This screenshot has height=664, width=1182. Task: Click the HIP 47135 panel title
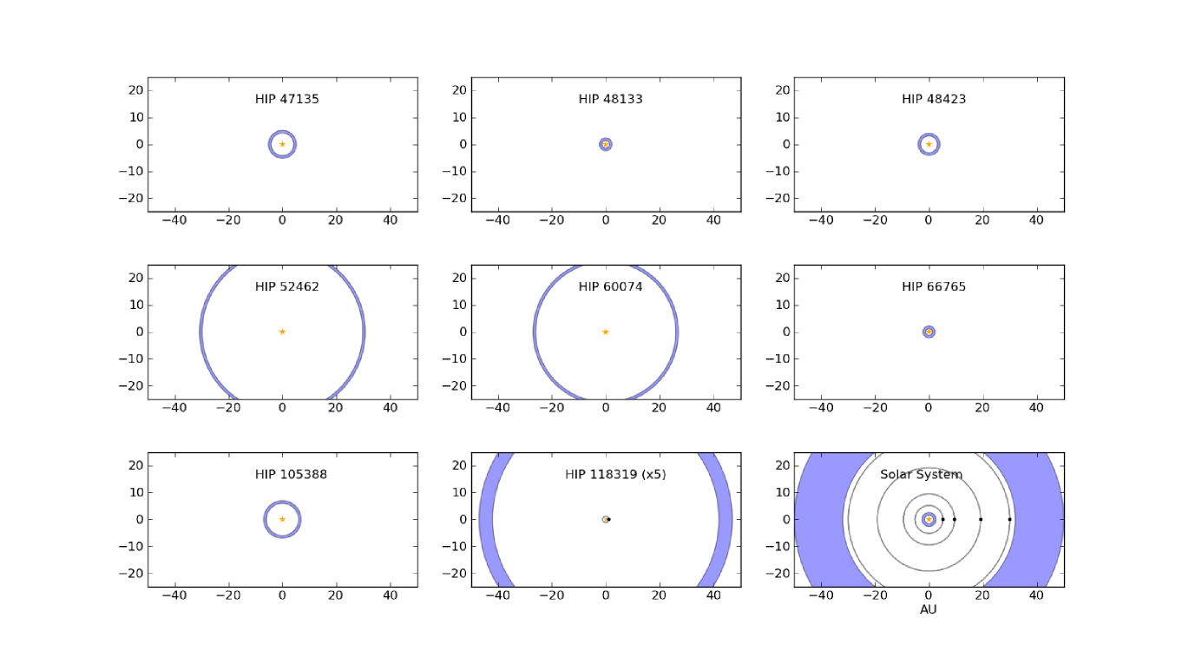(287, 99)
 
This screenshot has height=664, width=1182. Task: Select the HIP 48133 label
(610, 99)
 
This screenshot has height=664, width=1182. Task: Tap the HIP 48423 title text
(934, 99)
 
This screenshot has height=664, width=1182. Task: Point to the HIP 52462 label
(287, 286)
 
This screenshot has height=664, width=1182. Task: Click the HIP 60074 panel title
(610, 286)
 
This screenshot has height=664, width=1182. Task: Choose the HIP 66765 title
(934, 286)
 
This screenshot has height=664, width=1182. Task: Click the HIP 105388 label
(291, 475)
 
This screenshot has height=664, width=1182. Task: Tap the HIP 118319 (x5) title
(615, 475)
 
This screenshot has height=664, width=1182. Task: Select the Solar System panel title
(922, 475)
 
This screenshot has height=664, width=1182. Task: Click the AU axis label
(929, 609)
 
